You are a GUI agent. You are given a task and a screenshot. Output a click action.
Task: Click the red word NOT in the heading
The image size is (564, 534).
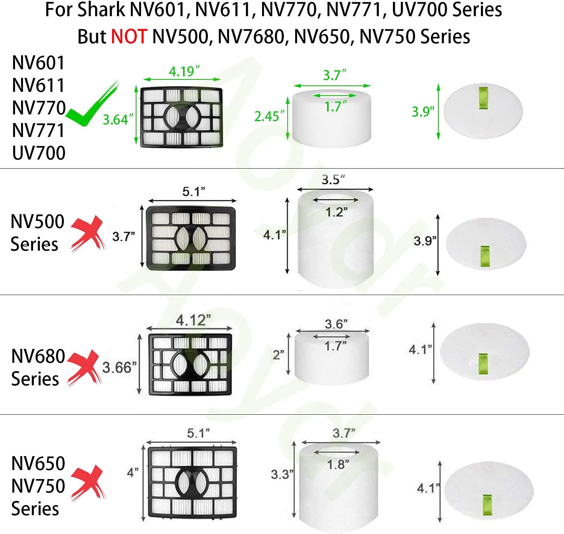[x=129, y=37]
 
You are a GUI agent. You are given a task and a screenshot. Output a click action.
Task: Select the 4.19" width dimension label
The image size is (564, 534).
[x=184, y=72]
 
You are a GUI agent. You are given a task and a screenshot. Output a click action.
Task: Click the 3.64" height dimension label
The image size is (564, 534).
[x=118, y=119]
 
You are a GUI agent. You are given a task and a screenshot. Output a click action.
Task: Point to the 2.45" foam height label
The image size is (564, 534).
[x=269, y=116]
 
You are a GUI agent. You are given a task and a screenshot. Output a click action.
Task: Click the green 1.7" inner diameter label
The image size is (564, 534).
[x=336, y=107]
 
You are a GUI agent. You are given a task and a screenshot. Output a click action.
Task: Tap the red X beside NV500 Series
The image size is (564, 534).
[x=88, y=233]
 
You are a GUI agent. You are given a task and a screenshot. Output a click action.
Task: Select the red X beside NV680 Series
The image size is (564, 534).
[x=84, y=368]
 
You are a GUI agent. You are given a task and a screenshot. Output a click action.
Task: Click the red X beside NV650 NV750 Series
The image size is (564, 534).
[x=88, y=483]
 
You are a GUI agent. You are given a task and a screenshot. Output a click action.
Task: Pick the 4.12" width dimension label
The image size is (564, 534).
[x=193, y=320]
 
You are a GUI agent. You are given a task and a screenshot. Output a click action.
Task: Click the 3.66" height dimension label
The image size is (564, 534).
[x=119, y=367]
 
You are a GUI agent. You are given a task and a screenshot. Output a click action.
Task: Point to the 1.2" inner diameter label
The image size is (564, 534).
[x=337, y=212]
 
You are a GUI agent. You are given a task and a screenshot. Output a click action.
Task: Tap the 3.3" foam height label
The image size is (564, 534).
[x=282, y=474]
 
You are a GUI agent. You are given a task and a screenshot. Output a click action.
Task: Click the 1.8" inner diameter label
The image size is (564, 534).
[x=338, y=464]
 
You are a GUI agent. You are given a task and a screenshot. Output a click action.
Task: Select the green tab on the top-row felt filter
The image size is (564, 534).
[x=484, y=98]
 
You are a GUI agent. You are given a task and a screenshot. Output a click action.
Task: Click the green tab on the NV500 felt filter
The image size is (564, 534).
[x=485, y=256]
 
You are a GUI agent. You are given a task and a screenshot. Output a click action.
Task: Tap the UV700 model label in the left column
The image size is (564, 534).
[x=39, y=153]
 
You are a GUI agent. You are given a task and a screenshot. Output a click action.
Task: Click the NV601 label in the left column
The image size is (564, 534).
[x=38, y=63]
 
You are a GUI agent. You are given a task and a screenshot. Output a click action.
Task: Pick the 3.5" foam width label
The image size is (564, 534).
[x=333, y=180]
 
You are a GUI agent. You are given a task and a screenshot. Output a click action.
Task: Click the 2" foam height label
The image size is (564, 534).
[x=278, y=355]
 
